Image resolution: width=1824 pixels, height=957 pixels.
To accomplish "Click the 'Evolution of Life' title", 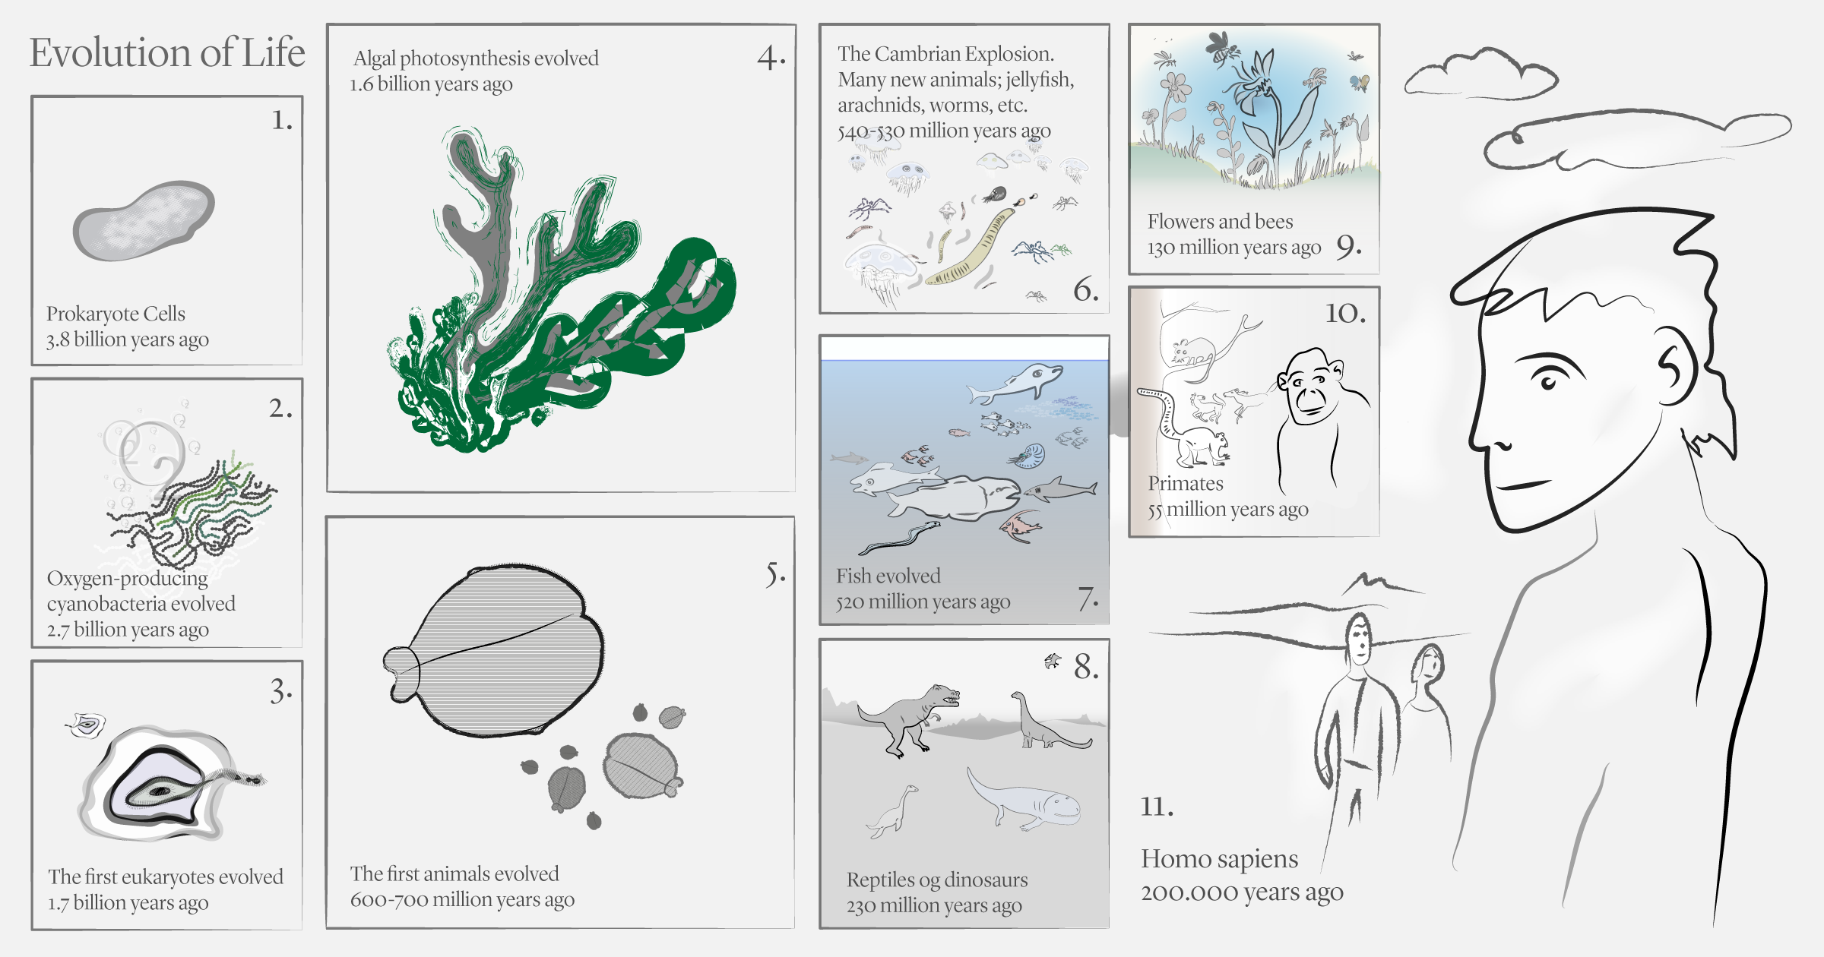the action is click(167, 53).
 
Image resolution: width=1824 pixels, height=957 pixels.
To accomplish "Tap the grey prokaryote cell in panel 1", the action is click(144, 221).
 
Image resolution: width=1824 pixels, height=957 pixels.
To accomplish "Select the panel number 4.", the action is click(771, 57).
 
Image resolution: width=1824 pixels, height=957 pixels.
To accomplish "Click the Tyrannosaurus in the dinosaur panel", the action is click(908, 718).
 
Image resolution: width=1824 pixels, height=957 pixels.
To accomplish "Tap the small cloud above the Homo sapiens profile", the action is click(1480, 74).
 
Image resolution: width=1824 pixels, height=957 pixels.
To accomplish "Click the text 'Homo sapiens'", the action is click(1219, 859).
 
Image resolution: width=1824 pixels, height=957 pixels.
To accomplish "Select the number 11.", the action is click(1157, 806).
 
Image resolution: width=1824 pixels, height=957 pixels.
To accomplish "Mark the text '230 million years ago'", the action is click(934, 905).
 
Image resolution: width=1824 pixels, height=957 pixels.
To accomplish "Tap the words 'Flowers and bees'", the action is click(1220, 222).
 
